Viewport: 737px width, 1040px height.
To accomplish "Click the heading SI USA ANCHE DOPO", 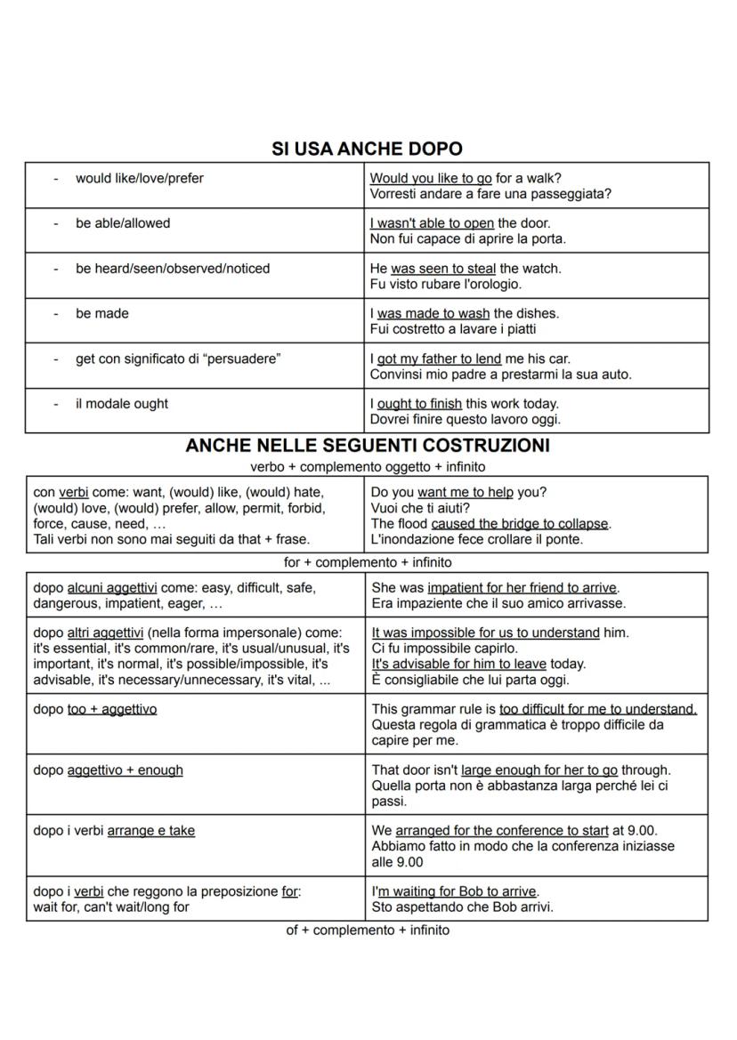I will pos(367,149).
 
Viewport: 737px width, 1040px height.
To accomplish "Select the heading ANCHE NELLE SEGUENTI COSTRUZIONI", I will pos(367,445).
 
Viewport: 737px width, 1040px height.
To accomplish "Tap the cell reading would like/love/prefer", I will pos(139,179).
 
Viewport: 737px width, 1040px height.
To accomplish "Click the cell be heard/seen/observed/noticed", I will pos(172,269).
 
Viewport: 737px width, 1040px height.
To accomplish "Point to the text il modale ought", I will pos(122,404).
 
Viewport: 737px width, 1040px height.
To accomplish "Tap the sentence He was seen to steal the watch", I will pos(466,269).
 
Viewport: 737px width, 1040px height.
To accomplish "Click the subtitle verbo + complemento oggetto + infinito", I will pos(367,466).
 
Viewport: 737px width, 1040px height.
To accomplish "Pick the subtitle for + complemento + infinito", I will pos(367,562).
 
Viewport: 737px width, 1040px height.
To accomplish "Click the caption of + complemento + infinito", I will pos(367,931).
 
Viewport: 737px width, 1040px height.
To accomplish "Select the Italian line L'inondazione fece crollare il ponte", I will pos(476,539).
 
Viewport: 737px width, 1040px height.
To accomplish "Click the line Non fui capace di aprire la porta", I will pos(467,238).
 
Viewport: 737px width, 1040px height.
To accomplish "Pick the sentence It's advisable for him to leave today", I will pos(478,664).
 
